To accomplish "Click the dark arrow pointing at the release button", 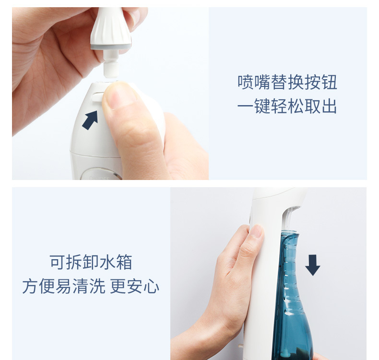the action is point(90,120).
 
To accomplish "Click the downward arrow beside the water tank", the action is point(312,265).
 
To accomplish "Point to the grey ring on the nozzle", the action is point(111,46).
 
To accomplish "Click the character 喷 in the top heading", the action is point(246,82).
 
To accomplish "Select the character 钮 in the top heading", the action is point(329,82).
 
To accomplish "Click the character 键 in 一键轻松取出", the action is point(262,106).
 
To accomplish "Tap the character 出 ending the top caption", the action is point(329,106).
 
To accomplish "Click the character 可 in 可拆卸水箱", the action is point(58,262).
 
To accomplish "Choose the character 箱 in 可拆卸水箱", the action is point(124,262).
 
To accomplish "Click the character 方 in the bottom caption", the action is point(30,286).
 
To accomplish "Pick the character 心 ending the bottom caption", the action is point(151,286).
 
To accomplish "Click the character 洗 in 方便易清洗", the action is point(97,286).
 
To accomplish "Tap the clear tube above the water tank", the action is point(289,217).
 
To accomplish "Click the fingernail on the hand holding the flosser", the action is point(256,231).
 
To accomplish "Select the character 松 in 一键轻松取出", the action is point(296,106).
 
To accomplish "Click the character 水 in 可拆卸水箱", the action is point(107,262).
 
